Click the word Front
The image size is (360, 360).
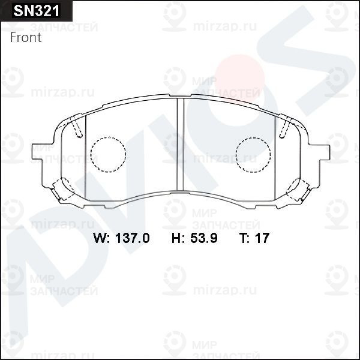tap(26, 37)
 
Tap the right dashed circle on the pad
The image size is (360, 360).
tap(253, 155)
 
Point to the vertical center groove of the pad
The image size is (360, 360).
tap(179, 144)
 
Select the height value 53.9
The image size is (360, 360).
tap(203, 238)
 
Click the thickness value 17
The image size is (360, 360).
tap(263, 238)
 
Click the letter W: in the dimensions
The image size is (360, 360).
tap(101, 238)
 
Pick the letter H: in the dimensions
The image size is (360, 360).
tap(178, 238)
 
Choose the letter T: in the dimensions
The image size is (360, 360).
tap(245, 238)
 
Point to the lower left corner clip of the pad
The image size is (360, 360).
tap(62, 191)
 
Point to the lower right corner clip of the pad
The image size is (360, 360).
tap(298, 191)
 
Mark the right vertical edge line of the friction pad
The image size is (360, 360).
tap(275, 156)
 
